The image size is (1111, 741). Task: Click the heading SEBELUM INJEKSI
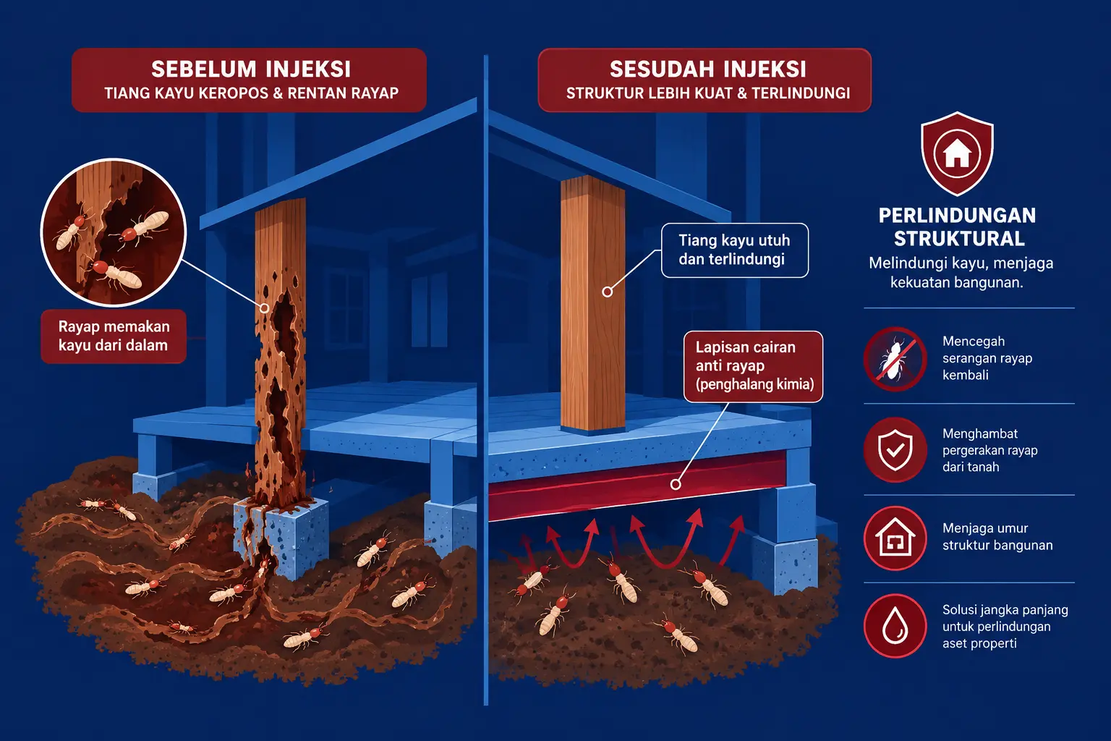(x=251, y=69)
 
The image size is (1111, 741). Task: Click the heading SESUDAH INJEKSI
(x=708, y=69)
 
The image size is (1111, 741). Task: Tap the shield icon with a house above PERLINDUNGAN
(x=957, y=153)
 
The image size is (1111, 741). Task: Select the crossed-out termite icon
(x=895, y=359)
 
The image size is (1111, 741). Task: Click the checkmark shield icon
(x=895, y=449)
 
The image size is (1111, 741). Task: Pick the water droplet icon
(x=895, y=626)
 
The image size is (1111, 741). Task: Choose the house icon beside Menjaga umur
(x=895, y=538)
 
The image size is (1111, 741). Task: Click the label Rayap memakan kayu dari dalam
(x=114, y=336)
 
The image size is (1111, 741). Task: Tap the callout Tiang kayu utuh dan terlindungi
(x=735, y=250)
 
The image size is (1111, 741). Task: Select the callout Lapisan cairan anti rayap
(x=753, y=366)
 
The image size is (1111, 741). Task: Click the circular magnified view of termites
(x=113, y=232)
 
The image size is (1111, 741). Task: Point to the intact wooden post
(x=592, y=302)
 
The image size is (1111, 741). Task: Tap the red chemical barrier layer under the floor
(x=637, y=488)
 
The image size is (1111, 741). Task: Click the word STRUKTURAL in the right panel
(x=959, y=239)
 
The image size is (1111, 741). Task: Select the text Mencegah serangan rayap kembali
(x=987, y=358)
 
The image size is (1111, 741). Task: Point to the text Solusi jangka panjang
(x=1005, y=609)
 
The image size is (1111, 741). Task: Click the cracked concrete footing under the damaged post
(x=281, y=537)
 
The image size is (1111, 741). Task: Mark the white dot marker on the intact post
(x=607, y=292)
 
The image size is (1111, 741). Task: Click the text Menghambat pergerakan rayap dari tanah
(x=990, y=449)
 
